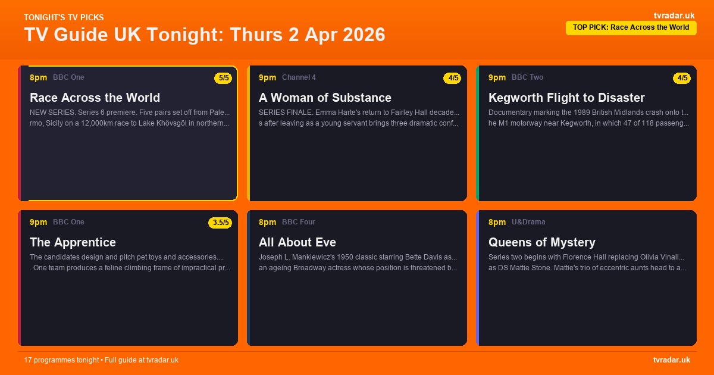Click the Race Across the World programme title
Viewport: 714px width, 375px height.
click(x=95, y=98)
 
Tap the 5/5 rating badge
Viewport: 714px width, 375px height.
click(x=224, y=78)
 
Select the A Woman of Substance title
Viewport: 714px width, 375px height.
click(x=325, y=98)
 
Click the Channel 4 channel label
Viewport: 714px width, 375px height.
click(x=299, y=77)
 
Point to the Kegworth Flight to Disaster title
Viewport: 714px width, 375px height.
click(x=566, y=98)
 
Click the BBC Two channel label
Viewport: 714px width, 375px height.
click(x=527, y=77)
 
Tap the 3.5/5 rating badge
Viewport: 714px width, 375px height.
click(x=221, y=223)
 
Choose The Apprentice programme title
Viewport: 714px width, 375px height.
click(x=73, y=242)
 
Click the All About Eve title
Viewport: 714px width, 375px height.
click(x=297, y=242)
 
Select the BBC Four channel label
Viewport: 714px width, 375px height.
click(x=299, y=222)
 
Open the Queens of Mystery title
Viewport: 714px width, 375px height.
click(x=542, y=242)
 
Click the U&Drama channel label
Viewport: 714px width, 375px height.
click(x=528, y=222)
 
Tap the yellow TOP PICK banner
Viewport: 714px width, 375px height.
click(x=631, y=27)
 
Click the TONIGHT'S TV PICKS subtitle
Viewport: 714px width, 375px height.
click(x=64, y=17)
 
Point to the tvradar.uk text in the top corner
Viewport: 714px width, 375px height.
click(x=674, y=15)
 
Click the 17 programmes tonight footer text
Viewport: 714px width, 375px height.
click(x=101, y=360)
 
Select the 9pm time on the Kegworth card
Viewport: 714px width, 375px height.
click(x=497, y=77)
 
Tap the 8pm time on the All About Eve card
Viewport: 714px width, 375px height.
click(x=267, y=222)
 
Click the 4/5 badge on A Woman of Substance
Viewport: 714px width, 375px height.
click(x=452, y=78)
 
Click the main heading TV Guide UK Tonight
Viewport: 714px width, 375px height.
click(x=204, y=35)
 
